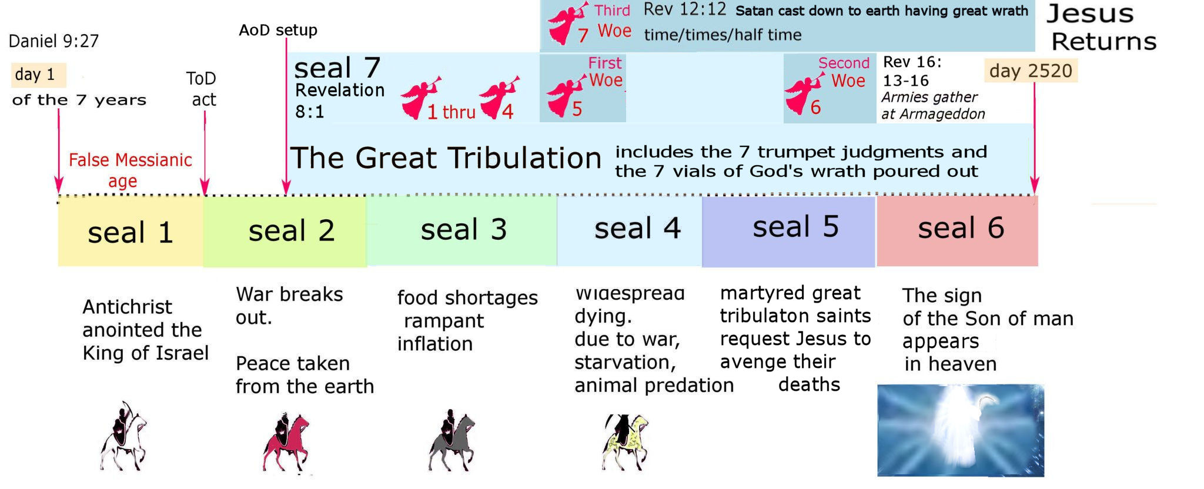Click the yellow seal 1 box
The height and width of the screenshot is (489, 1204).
pyautogui.click(x=131, y=230)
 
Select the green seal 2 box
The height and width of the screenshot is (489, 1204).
pyautogui.click(x=285, y=230)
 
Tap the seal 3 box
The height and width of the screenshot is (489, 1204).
pyautogui.click(x=461, y=230)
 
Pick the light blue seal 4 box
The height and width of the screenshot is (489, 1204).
pyautogui.click(x=630, y=230)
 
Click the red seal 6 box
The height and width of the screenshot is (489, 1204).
pyautogui.click(x=957, y=230)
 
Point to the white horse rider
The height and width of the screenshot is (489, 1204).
pyautogui.click(x=123, y=436)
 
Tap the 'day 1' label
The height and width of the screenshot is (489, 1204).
pyautogui.click(x=38, y=75)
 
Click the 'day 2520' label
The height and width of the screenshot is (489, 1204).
pyautogui.click(x=1031, y=71)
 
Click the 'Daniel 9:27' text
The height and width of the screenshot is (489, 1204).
pyautogui.click(x=53, y=41)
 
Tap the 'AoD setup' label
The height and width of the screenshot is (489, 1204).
pyautogui.click(x=278, y=30)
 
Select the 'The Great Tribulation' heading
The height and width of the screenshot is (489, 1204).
pyautogui.click(x=446, y=158)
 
